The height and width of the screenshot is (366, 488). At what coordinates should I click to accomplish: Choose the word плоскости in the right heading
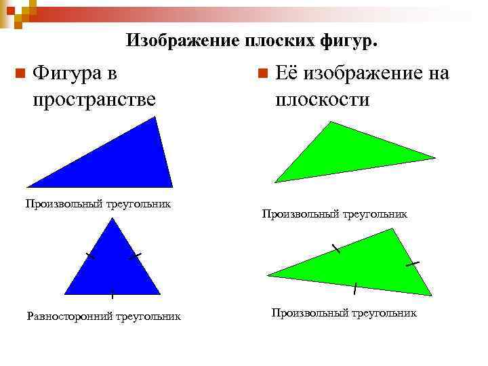(x=322, y=100)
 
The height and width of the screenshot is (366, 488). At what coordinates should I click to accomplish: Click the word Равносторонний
(x=70, y=316)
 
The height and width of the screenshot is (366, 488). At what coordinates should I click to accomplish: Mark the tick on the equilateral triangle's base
(x=112, y=293)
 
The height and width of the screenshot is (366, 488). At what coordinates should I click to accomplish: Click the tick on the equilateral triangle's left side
(x=89, y=256)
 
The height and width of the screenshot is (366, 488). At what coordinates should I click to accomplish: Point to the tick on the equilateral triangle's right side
(x=135, y=256)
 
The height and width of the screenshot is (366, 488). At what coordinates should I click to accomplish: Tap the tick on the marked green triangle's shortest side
(x=412, y=262)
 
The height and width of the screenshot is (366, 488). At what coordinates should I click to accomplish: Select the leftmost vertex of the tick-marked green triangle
(x=268, y=274)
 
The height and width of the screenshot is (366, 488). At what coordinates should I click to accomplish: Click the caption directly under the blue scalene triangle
(x=98, y=203)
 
